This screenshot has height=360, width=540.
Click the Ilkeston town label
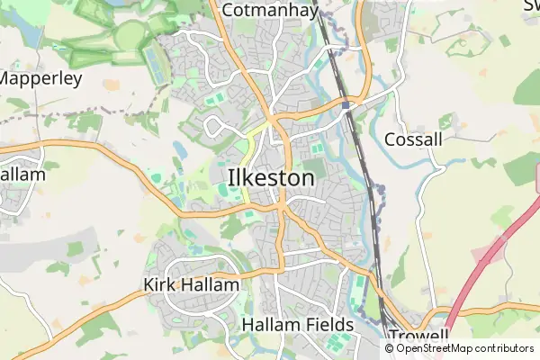click(x=271, y=178)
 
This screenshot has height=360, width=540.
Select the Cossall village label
click(x=413, y=139)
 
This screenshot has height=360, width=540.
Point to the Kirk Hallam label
click(x=192, y=285)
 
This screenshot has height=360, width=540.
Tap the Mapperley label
click(x=40, y=78)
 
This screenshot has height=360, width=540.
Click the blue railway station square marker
click(x=346, y=105)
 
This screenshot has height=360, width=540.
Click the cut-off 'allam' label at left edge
click(x=22, y=175)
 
